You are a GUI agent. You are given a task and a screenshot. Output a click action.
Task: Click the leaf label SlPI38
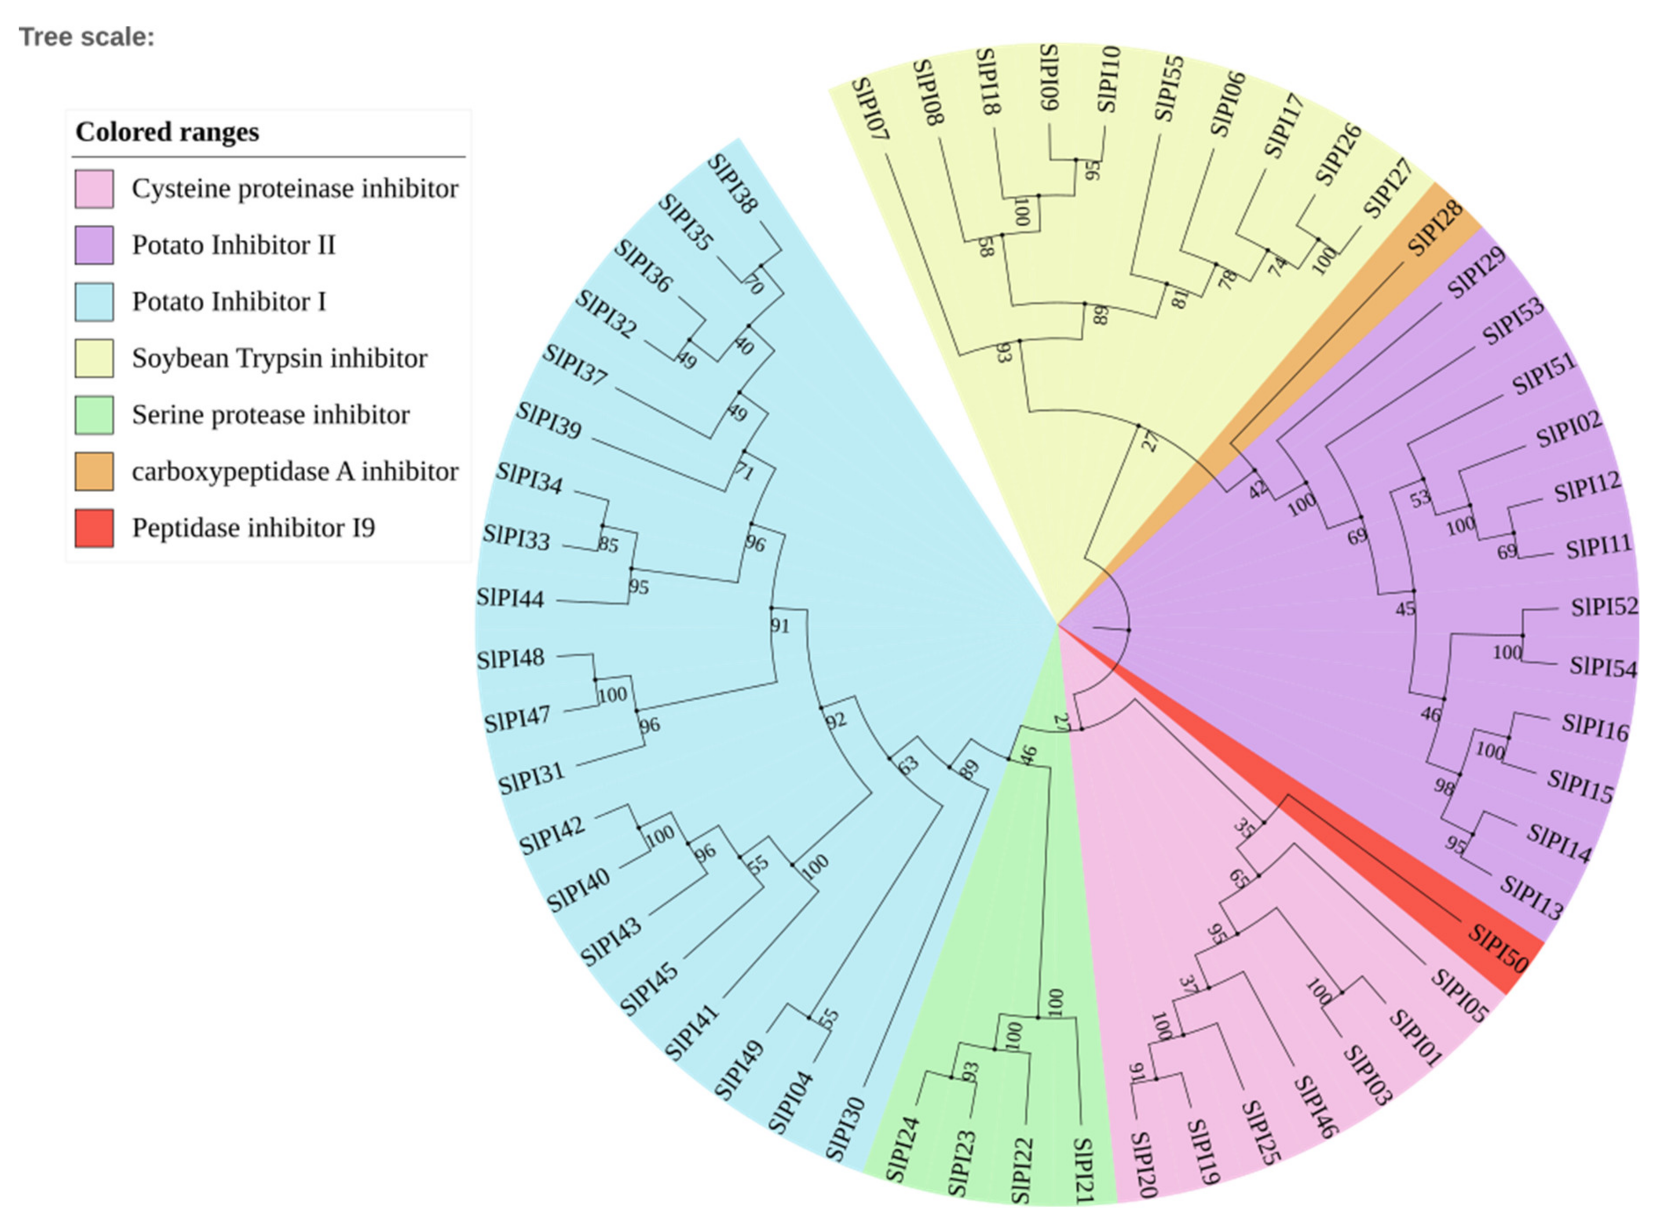point(732,183)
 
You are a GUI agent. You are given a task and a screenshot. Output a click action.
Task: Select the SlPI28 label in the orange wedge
point(1434,228)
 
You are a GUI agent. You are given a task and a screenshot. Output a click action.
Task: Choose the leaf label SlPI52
point(1604,607)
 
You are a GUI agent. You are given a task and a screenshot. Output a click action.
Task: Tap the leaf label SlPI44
point(510,598)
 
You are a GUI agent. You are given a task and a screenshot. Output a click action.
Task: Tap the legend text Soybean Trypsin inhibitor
point(279,358)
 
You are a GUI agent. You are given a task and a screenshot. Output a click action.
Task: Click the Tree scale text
point(87,37)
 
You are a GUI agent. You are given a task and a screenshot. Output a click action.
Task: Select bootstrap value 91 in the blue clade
point(779,626)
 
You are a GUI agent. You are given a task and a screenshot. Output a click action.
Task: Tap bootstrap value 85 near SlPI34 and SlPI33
point(608,545)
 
